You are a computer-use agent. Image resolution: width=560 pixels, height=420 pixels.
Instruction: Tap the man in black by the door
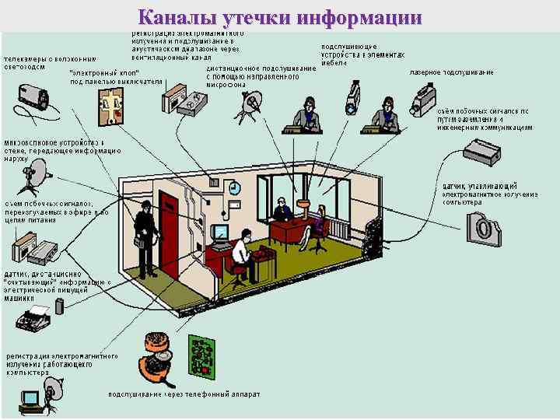144,229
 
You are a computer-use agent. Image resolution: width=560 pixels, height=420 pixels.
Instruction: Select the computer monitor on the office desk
221,233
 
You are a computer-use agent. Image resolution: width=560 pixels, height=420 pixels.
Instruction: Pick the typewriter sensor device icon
36,317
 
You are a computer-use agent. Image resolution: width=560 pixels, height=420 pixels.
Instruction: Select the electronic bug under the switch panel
109,104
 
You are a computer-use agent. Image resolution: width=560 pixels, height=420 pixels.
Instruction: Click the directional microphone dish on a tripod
250,103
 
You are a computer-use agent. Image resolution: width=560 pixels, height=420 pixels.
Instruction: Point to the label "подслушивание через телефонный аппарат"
184,394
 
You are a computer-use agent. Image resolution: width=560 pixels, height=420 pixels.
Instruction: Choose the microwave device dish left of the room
34,175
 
